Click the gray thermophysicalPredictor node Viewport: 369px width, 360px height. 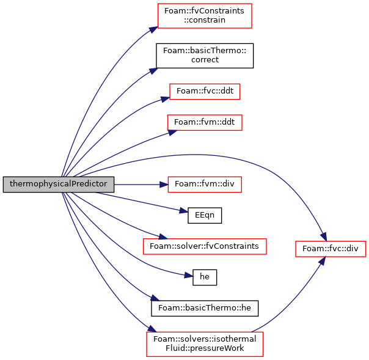pyautogui.click(x=58, y=184)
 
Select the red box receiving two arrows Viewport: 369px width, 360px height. pyautogui.click(x=331, y=249)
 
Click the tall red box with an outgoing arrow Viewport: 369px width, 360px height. pyautogui.click(x=205, y=343)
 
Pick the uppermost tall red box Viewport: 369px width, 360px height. pyautogui.click(x=205, y=16)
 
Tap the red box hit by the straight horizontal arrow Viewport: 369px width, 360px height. pyautogui.click(x=204, y=184)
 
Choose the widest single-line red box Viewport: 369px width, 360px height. pyautogui.click(x=205, y=246)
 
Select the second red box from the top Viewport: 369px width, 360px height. pyautogui.click(x=205, y=92)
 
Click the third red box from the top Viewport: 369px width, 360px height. pyautogui.click(x=205, y=122)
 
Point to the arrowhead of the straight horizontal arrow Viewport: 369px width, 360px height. pyautogui.click(x=163, y=184)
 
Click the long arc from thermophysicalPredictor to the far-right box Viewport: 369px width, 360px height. pyautogui.click(x=202, y=154)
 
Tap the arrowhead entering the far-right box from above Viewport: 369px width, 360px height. pyautogui.click(x=324, y=237)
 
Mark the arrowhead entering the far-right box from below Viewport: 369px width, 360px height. pyautogui.click(x=321, y=261)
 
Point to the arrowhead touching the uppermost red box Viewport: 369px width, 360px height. pyautogui.click(x=153, y=29)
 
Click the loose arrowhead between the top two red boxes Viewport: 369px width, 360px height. pyautogui.click(x=154, y=71)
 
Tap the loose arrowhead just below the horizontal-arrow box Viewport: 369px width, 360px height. pyautogui.click(x=184, y=211)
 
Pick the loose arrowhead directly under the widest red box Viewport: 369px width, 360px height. pyautogui.click(x=189, y=276)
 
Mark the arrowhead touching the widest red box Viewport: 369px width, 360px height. pyautogui.click(x=163, y=237)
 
